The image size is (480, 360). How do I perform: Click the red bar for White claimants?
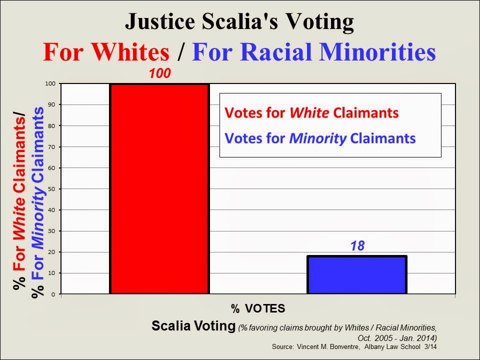point(159,188)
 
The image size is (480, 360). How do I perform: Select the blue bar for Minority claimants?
point(357,274)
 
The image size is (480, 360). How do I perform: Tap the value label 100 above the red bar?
point(160,73)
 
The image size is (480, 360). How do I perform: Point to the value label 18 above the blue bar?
point(357,246)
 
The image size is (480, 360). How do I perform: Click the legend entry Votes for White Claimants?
point(311,112)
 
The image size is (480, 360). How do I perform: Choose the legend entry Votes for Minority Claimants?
point(320,138)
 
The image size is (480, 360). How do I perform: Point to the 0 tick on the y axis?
point(53,294)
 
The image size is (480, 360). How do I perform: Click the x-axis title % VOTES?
point(258,308)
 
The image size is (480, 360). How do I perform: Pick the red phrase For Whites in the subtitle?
point(106,51)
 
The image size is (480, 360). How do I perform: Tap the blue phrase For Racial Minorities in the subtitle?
point(314,51)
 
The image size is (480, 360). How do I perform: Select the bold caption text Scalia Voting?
point(193,325)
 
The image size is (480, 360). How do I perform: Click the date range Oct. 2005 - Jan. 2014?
point(396,338)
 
